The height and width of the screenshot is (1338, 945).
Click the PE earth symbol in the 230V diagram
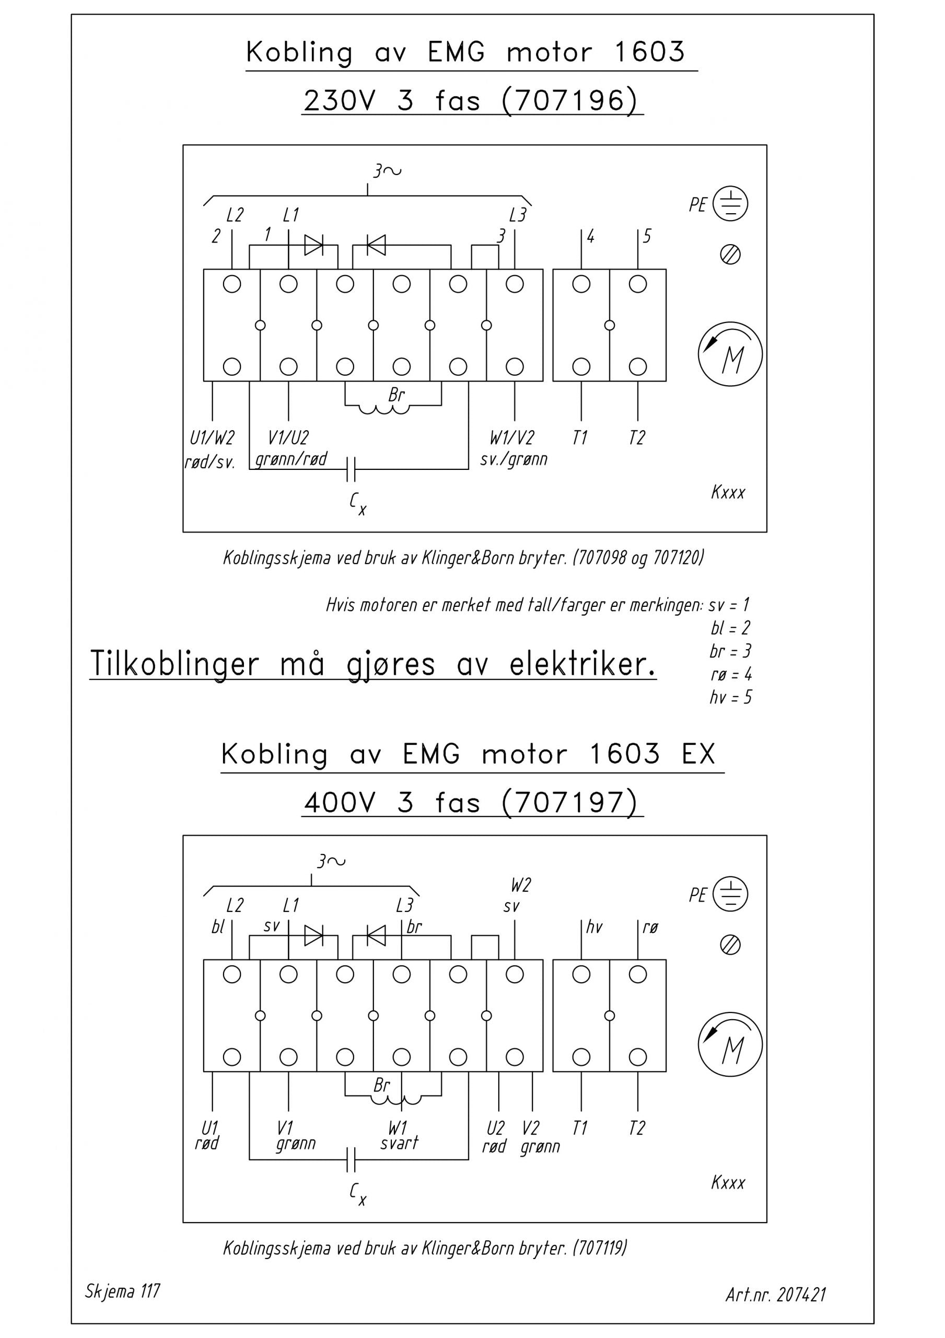(x=731, y=204)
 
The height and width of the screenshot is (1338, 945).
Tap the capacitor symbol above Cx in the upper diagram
(x=350, y=469)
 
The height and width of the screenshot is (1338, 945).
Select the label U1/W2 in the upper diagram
(x=212, y=437)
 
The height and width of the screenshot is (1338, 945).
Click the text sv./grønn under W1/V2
(x=514, y=460)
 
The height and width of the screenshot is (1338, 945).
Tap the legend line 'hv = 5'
(x=731, y=697)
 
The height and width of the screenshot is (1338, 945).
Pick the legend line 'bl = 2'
(x=731, y=628)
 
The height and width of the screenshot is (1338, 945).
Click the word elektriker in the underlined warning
(x=582, y=664)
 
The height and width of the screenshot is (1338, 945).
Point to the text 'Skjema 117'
(x=122, y=1291)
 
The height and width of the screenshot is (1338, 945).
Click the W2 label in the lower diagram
(x=521, y=886)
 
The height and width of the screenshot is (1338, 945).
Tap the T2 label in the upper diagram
(x=637, y=437)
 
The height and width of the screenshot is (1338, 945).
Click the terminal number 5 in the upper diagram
(x=647, y=236)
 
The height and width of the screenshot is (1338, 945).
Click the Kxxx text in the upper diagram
(x=728, y=492)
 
